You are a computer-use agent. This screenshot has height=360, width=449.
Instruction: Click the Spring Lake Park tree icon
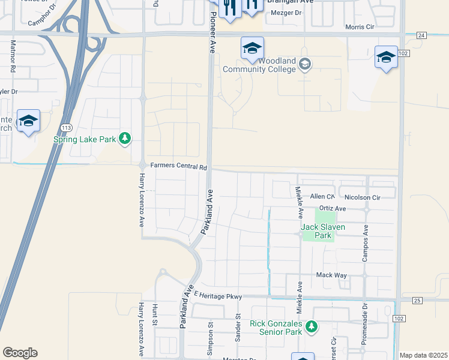point(125,139)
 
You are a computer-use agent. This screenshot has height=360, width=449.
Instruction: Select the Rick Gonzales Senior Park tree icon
point(311,327)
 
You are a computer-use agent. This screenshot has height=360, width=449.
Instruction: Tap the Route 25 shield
point(418,300)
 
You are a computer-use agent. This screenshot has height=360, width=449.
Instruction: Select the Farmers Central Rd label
point(178,166)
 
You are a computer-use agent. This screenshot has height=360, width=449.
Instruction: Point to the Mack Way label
point(332,275)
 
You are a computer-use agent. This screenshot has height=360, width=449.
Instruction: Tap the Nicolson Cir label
point(363,197)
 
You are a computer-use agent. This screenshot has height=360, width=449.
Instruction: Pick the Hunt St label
point(154,315)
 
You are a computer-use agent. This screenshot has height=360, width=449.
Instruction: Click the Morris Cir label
point(360,27)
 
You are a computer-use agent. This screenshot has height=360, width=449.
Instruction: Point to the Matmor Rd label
point(13,57)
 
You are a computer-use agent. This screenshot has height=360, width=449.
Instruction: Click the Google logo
point(20,353)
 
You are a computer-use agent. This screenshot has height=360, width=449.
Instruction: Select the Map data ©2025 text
point(423,355)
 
